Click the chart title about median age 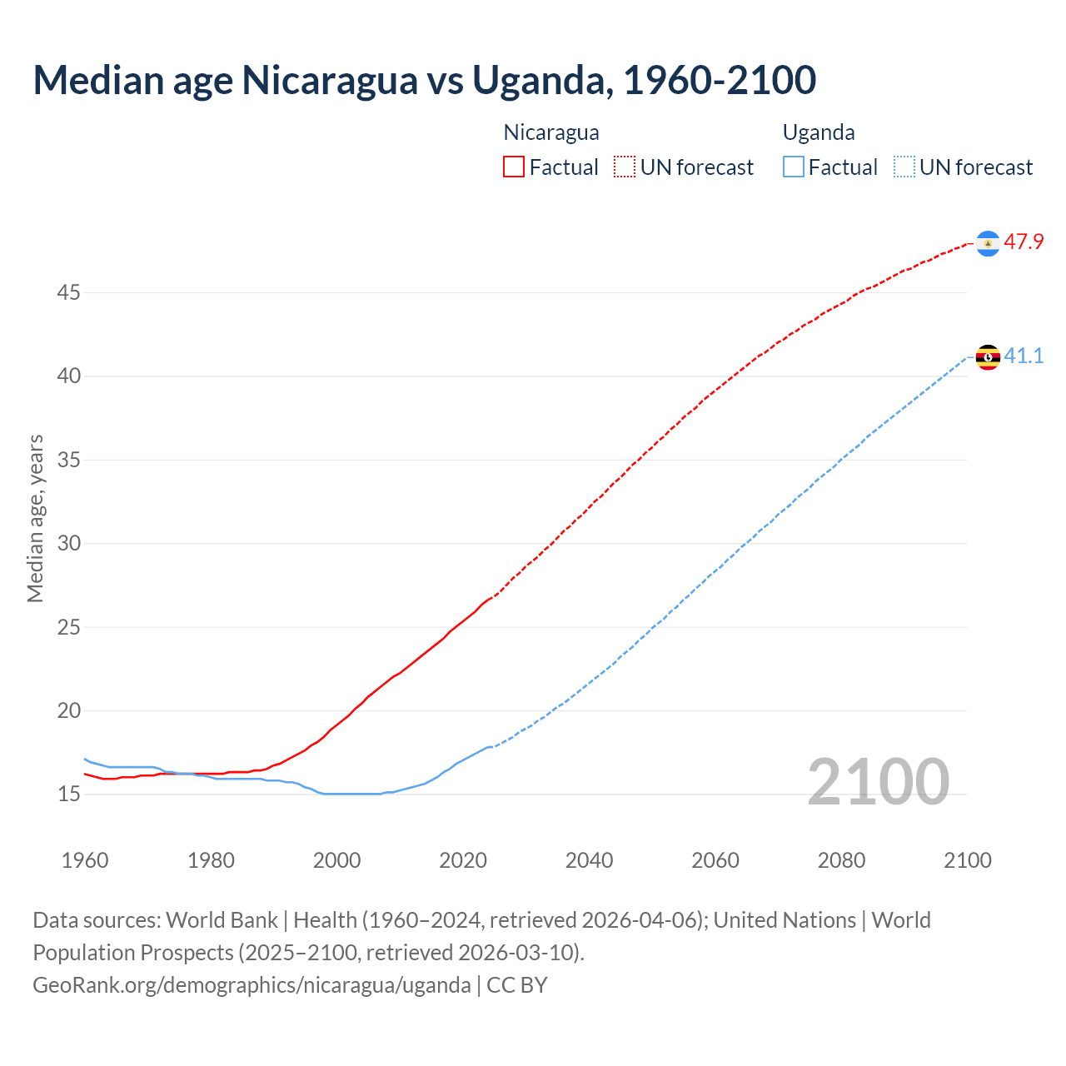pos(424,80)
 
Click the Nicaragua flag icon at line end pos(988,242)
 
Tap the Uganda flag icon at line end pos(988,357)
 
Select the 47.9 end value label pos(1024,242)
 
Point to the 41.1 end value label pos(1024,356)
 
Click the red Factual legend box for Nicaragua pos(514,167)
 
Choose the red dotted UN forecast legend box pos(625,167)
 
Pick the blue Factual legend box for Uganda pos(794,167)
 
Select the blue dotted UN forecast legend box pos(904,167)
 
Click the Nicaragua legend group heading pos(551,132)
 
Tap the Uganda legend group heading pos(819,132)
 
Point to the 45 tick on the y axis pos(68,293)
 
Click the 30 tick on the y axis pos(68,544)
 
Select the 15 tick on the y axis pos(68,795)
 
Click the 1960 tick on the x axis pos(85,860)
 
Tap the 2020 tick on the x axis pos(463,860)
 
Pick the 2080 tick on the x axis pos(841,860)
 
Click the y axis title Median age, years pos(35,518)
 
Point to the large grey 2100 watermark pos(879,782)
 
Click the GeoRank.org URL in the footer pos(252,985)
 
